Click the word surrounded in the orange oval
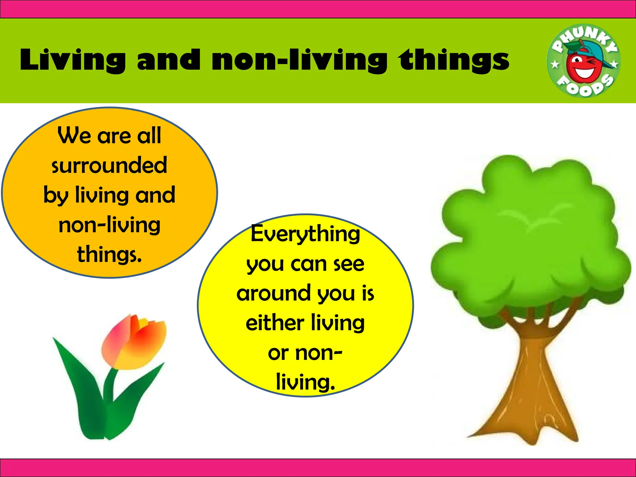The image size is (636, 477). click(x=109, y=165)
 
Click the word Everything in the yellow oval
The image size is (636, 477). click(x=305, y=234)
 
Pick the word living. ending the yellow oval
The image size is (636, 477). click(x=306, y=382)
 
